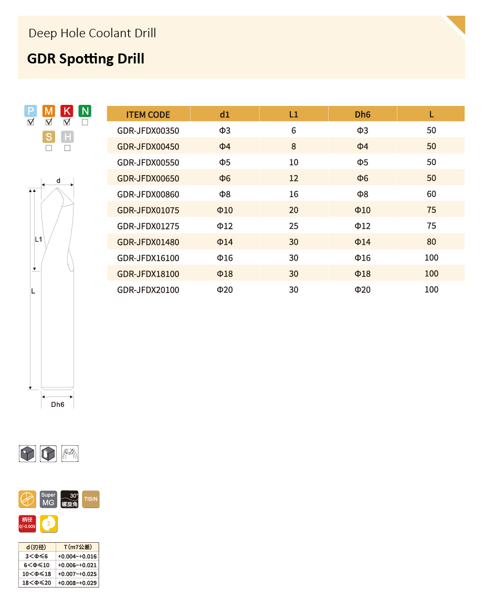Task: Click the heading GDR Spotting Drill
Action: pyautogui.click(x=86, y=59)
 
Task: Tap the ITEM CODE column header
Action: pyautogui.click(x=148, y=115)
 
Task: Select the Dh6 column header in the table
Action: pyautogui.click(x=362, y=115)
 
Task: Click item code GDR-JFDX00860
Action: pyautogui.click(x=148, y=194)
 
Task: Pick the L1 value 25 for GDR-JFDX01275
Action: pyautogui.click(x=293, y=226)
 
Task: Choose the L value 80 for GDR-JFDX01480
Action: pyautogui.click(x=432, y=242)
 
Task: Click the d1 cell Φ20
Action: pyautogui.click(x=225, y=289)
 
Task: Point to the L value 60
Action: pyautogui.click(x=432, y=194)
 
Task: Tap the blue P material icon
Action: pyautogui.click(x=30, y=111)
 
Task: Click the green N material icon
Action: pyautogui.click(x=85, y=111)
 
